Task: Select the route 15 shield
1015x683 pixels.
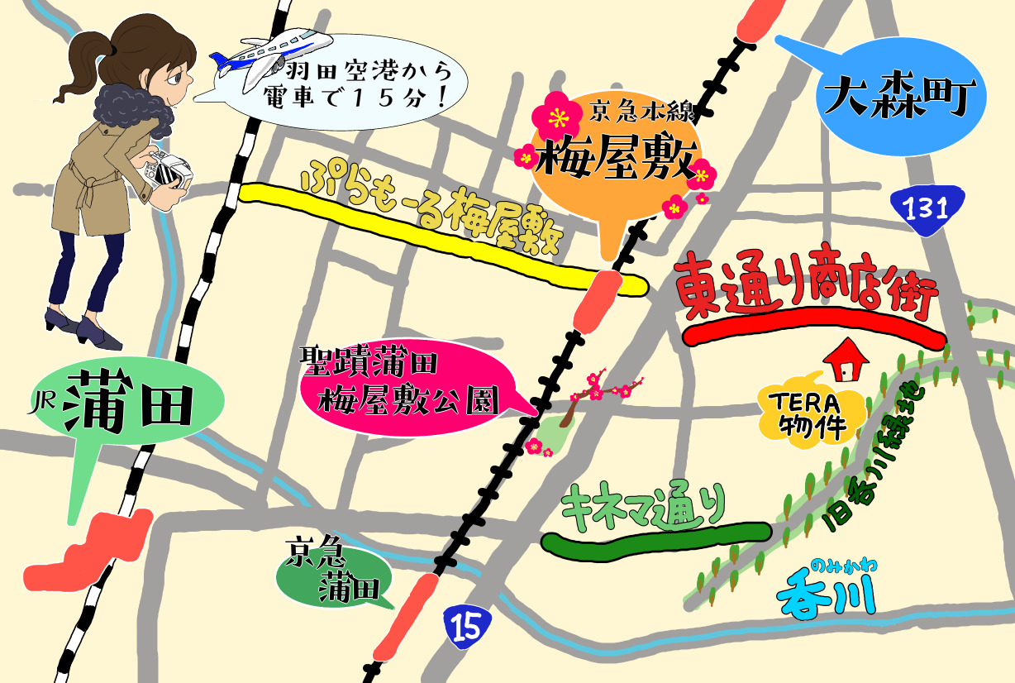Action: point(466,627)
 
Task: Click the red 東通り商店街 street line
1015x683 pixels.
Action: point(814,332)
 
